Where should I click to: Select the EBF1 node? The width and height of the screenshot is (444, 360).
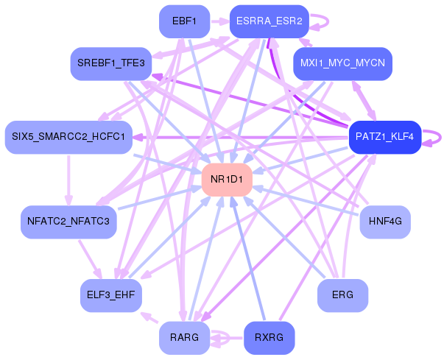(x=184, y=21)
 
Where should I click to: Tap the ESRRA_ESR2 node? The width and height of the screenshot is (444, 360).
(x=269, y=21)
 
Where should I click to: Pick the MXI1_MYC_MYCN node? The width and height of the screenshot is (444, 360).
(x=342, y=63)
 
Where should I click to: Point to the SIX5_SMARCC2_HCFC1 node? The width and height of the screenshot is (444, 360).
(x=68, y=137)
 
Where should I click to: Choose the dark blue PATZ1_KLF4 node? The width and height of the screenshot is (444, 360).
(x=384, y=137)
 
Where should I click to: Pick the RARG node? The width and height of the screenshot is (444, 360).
(x=184, y=338)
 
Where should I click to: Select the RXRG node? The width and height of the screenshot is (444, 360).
(x=269, y=338)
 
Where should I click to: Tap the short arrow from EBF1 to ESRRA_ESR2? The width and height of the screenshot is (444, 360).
(x=219, y=21)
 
